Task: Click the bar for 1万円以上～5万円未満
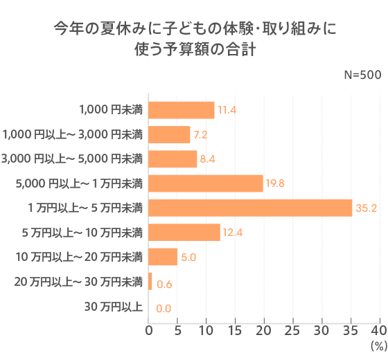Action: coord(250,208)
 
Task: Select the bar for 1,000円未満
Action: coord(182,110)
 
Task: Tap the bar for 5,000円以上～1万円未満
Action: coord(206,183)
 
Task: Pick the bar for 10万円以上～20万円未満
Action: coord(163,257)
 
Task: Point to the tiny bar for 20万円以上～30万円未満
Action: coord(150,281)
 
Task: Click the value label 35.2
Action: coord(365,208)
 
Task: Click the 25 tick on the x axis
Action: coord(293,330)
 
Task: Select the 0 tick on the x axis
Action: coord(149,330)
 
